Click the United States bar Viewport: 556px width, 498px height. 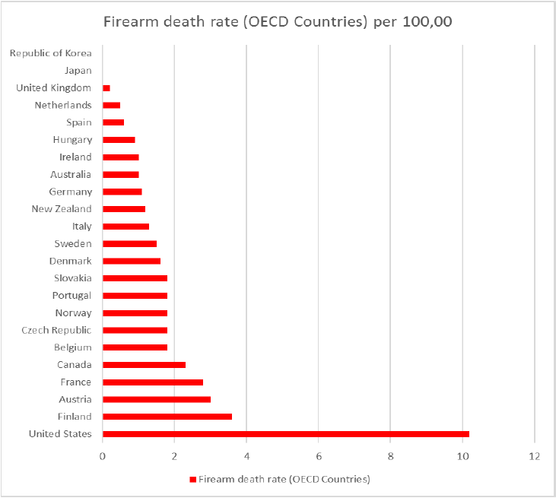coord(286,434)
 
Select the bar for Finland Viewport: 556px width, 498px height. coord(167,417)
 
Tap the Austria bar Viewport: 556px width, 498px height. coord(157,399)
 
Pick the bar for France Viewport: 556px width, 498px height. coord(153,382)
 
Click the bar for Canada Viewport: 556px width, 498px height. coord(144,365)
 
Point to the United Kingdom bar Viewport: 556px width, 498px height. coord(106,88)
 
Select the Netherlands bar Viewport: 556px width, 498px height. coord(112,106)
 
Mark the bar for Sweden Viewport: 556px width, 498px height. coord(129,244)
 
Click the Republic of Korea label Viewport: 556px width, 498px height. coord(51,53)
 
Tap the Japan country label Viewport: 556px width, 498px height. coord(78,71)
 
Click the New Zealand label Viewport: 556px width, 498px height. coord(62,209)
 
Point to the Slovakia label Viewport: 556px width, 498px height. coord(73,278)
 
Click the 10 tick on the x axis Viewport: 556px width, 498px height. coord(462,456)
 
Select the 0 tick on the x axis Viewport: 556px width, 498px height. coord(103,456)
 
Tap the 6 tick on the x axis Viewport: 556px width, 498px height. coord(318,456)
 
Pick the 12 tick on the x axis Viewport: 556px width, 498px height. coord(535,456)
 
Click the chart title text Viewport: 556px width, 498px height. coord(278,22)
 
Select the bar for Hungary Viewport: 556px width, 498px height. coord(119,140)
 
